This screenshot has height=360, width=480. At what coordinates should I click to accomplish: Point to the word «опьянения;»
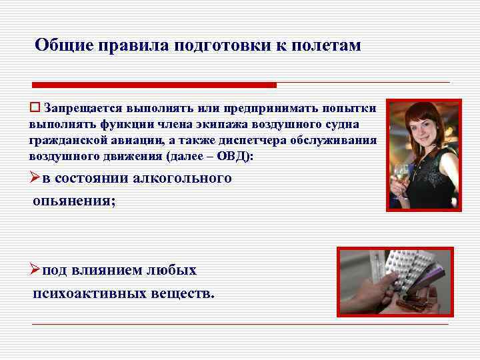[x=73, y=201]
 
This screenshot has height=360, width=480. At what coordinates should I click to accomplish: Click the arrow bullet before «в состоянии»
[x=35, y=178]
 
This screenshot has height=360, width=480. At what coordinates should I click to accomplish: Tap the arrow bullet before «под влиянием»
[x=35, y=271]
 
